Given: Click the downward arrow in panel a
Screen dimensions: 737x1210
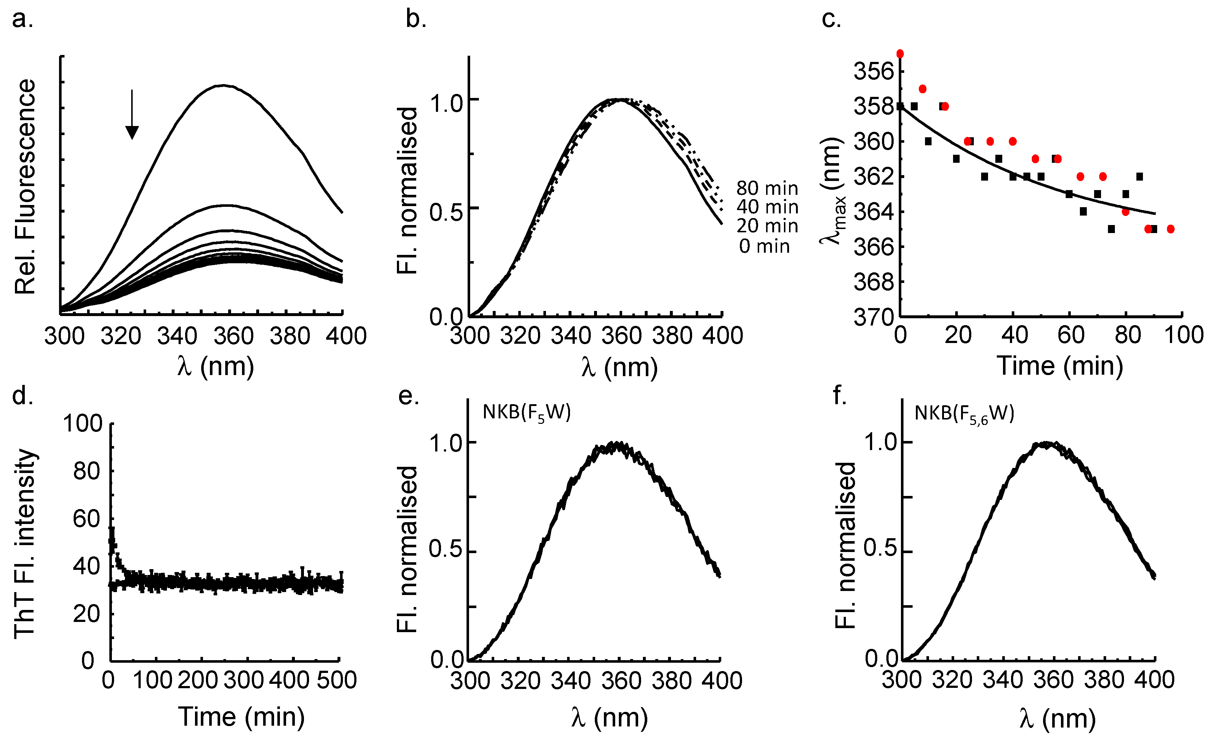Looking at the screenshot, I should (x=132, y=115).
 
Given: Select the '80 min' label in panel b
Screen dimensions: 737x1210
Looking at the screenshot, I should (x=767, y=188).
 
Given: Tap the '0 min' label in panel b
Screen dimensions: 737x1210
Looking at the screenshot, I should (x=765, y=246).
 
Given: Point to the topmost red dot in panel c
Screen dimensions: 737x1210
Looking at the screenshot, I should (x=899, y=54).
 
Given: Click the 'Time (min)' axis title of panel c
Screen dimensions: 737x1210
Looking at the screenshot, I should (x=1060, y=366).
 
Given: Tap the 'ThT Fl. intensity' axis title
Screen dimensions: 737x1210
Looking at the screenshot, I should (x=24, y=544).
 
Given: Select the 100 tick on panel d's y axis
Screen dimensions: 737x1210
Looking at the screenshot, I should (x=82, y=423).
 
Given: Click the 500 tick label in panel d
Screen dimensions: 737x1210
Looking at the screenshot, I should (x=336, y=680).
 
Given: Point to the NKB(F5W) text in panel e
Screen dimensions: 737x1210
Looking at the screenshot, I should (x=526, y=413).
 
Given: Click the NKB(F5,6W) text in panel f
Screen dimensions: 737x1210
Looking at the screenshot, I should (x=964, y=414).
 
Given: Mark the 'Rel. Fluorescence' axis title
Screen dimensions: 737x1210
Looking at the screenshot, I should (x=24, y=186).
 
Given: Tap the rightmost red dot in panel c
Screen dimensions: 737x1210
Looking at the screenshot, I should (x=1170, y=229).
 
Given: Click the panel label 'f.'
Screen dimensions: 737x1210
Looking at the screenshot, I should (x=840, y=395).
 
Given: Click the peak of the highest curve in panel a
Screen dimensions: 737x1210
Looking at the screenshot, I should (x=223, y=85).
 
